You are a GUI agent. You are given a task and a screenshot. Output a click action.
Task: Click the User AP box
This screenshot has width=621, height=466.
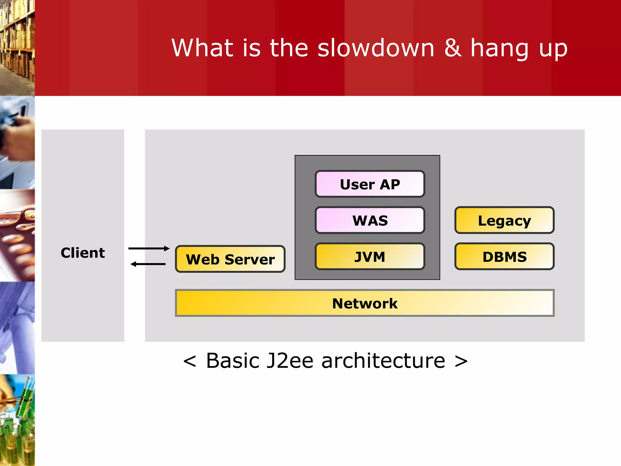pos(370,184)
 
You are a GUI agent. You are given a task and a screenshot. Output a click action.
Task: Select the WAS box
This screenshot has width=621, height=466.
pos(370,220)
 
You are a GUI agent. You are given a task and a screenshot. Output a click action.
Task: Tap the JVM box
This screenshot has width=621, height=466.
pos(370,257)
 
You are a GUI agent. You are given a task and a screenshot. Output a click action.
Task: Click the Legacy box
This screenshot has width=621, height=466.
pos(504,220)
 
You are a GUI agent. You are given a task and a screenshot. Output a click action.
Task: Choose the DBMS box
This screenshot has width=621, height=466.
pos(504,257)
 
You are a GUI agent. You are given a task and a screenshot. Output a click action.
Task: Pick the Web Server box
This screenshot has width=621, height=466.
pos(230,259)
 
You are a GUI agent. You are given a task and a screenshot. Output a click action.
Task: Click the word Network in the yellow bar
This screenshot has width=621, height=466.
pos(365,303)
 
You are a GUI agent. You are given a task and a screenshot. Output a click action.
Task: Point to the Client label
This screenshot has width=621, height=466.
pos(82,253)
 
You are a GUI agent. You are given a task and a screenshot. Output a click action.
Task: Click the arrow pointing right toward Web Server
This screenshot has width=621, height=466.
pos(149,248)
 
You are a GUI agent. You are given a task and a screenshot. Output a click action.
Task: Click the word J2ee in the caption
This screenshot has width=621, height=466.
pos(289,361)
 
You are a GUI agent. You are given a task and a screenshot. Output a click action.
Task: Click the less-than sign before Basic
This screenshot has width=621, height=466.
pos(190,361)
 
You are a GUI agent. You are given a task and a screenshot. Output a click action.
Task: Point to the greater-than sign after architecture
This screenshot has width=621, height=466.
pos(461,361)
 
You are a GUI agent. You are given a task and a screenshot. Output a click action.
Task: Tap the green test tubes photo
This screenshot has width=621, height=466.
pos(17,420)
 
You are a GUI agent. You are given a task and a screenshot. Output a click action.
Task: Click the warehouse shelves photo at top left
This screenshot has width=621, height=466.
pos(17,47)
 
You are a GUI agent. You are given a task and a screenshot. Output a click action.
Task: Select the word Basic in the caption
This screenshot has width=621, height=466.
pos(233,361)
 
